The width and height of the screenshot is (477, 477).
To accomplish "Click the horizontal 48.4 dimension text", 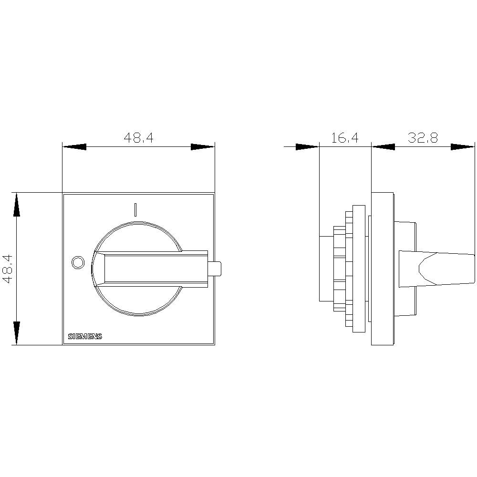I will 138,138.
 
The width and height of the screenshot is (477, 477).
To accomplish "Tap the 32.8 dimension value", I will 423,138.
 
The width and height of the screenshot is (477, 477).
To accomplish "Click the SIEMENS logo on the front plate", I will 85,336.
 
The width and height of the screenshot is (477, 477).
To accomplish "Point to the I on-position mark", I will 135,210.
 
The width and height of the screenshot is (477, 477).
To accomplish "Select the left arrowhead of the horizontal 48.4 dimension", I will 74,147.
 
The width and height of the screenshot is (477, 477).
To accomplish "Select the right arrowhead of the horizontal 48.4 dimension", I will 203,147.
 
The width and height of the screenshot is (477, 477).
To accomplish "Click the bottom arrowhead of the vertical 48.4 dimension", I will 17,333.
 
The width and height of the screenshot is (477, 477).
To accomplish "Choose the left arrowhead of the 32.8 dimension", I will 384,147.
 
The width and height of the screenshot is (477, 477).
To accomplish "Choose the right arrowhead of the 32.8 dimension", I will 463,147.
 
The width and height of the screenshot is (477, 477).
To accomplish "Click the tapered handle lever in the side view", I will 444,269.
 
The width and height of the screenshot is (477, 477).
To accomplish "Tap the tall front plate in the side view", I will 382,269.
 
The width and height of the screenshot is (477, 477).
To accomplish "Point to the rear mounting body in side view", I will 329,269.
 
